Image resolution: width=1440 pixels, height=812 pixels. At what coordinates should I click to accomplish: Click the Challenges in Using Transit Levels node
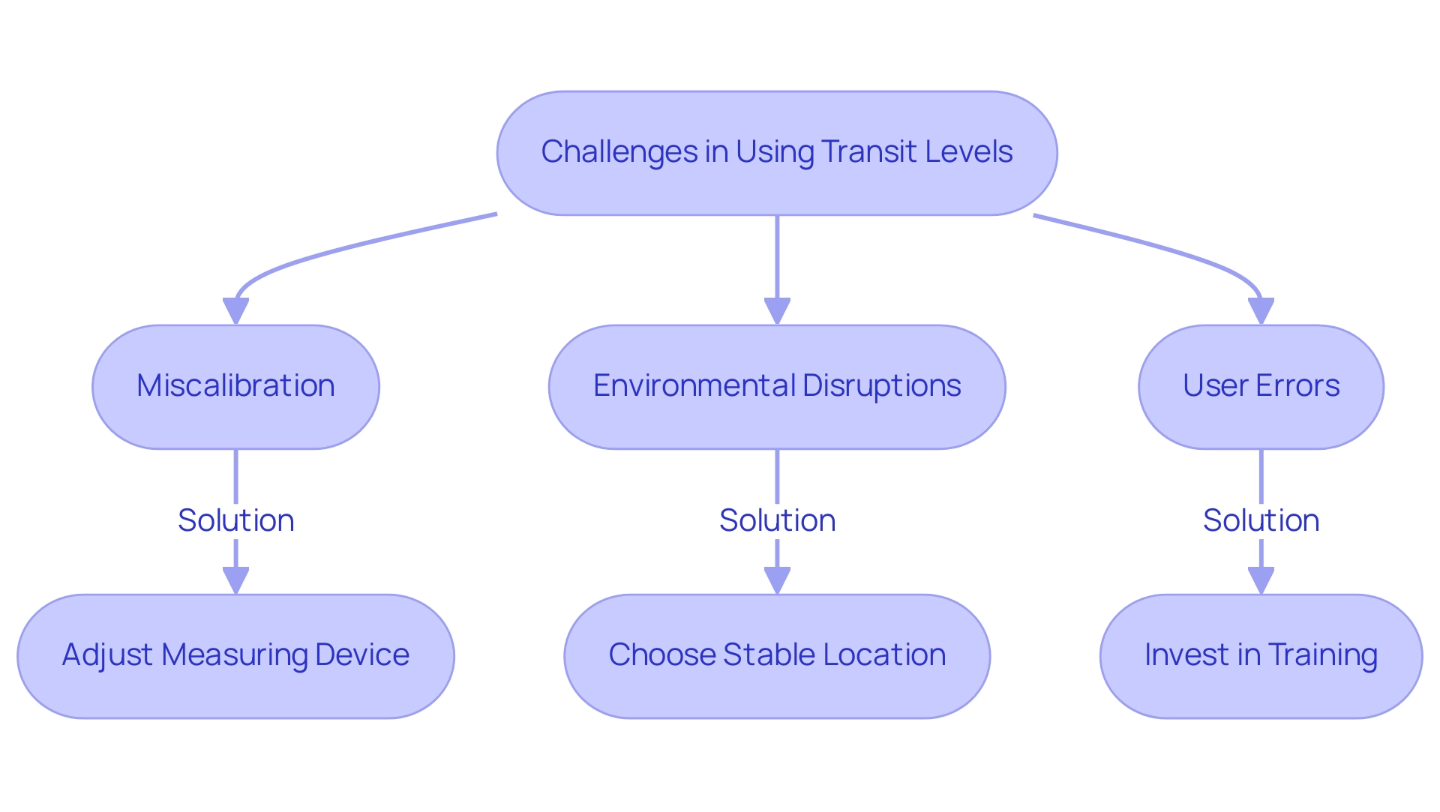pyautogui.click(x=777, y=153)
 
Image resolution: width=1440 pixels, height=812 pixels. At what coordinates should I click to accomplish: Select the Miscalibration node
pyautogui.click(x=235, y=386)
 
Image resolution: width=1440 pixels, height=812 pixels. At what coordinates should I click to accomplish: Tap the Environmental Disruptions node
pyautogui.click(x=777, y=386)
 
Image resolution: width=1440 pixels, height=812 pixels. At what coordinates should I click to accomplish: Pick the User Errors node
pyautogui.click(x=1261, y=386)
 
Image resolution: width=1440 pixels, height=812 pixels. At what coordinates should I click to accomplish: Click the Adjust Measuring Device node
pyautogui.click(x=235, y=656)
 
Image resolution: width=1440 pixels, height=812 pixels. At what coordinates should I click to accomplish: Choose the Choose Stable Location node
pyautogui.click(x=777, y=656)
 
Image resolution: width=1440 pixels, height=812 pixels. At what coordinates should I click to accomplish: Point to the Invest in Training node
pyautogui.click(x=1261, y=656)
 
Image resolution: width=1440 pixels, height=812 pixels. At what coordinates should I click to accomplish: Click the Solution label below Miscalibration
pyautogui.click(x=235, y=520)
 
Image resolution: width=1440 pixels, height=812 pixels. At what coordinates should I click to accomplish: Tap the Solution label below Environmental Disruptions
pyautogui.click(x=777, y=520)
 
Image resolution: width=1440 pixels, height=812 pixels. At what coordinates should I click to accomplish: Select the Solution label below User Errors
pyautogui.click(x=1261, y=520)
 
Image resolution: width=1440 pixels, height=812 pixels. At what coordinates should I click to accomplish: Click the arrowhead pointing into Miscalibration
pyautogui.click(x=235, y=311)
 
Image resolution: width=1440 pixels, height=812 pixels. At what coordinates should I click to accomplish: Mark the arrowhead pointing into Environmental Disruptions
pyautogui.click(x=777, y=311)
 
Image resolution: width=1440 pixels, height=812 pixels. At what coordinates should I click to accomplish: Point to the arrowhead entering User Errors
pyautogui.click(x=1261, y=311)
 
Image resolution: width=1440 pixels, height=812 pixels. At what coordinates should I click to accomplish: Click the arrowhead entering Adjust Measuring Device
pyautogui.click(x=235, y=580)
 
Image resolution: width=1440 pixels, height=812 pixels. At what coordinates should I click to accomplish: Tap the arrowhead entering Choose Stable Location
pyautogui.click(x=777, y=580)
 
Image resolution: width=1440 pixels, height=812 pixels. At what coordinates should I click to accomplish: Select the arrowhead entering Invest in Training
pyautogui.click(x=1261, y=580)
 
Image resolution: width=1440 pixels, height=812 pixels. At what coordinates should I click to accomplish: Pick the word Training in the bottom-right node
pyautogui.click(x=1323, y=655)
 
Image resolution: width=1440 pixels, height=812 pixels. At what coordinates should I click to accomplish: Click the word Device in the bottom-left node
pyautogui.click(x=362, y=655)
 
